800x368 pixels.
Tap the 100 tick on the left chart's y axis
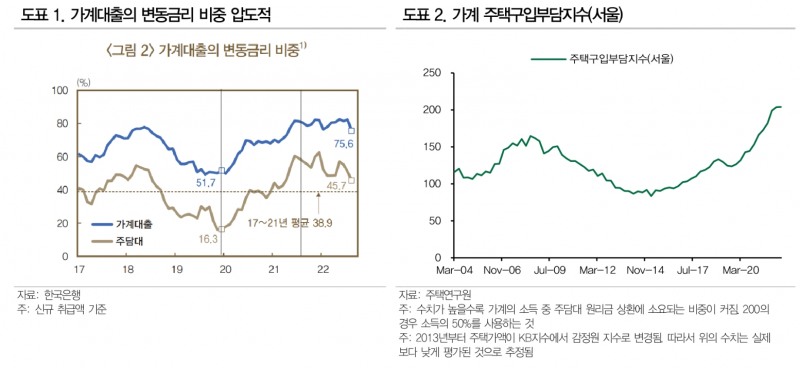(x=59, y=91)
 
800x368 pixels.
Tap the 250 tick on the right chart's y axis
(x=432, y=73)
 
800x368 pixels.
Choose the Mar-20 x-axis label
(x=739, y=269)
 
